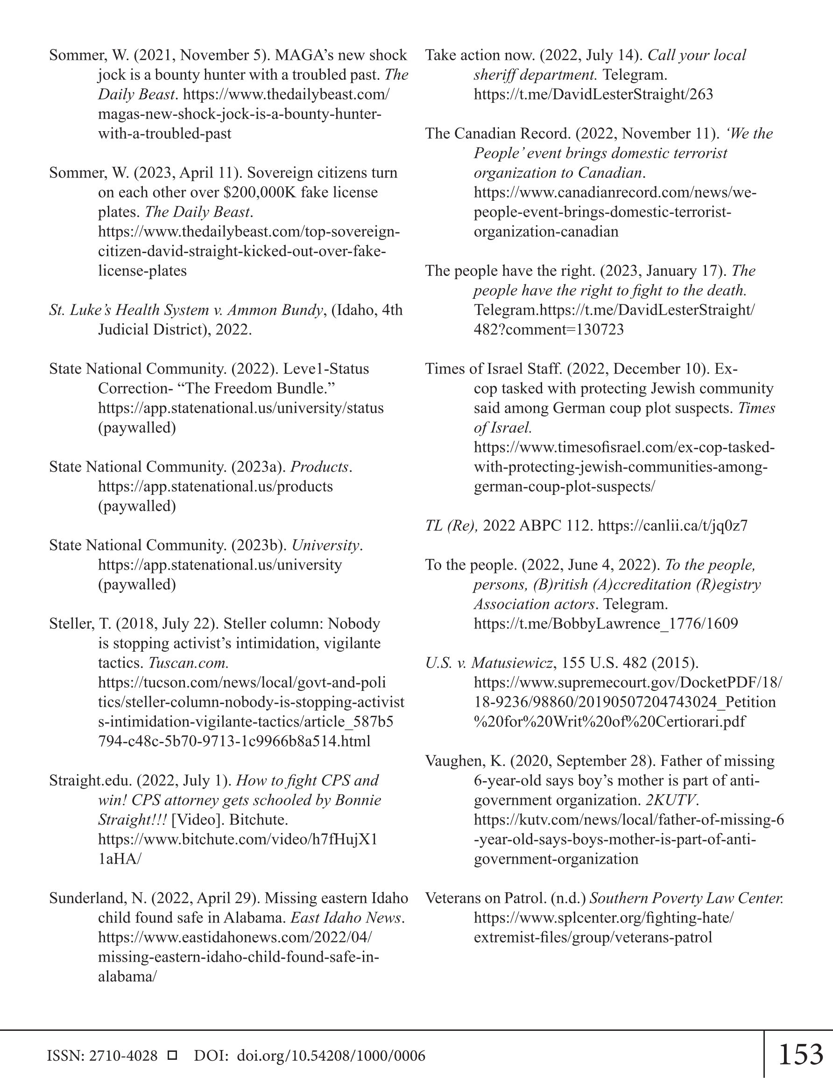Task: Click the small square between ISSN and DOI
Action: pos(172,1055)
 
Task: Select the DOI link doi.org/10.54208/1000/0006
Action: pos(331,1056)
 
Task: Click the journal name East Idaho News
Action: pos(347,917)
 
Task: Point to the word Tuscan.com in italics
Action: pos(188,663)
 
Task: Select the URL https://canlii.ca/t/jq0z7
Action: pos(672,526)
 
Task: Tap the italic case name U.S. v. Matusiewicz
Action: pos(489,663)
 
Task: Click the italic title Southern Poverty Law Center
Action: pos(686,898)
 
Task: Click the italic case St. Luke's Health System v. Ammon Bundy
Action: pos(186,310)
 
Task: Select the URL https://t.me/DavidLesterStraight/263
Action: pos(593,94)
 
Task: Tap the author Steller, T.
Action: pos(80,624)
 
